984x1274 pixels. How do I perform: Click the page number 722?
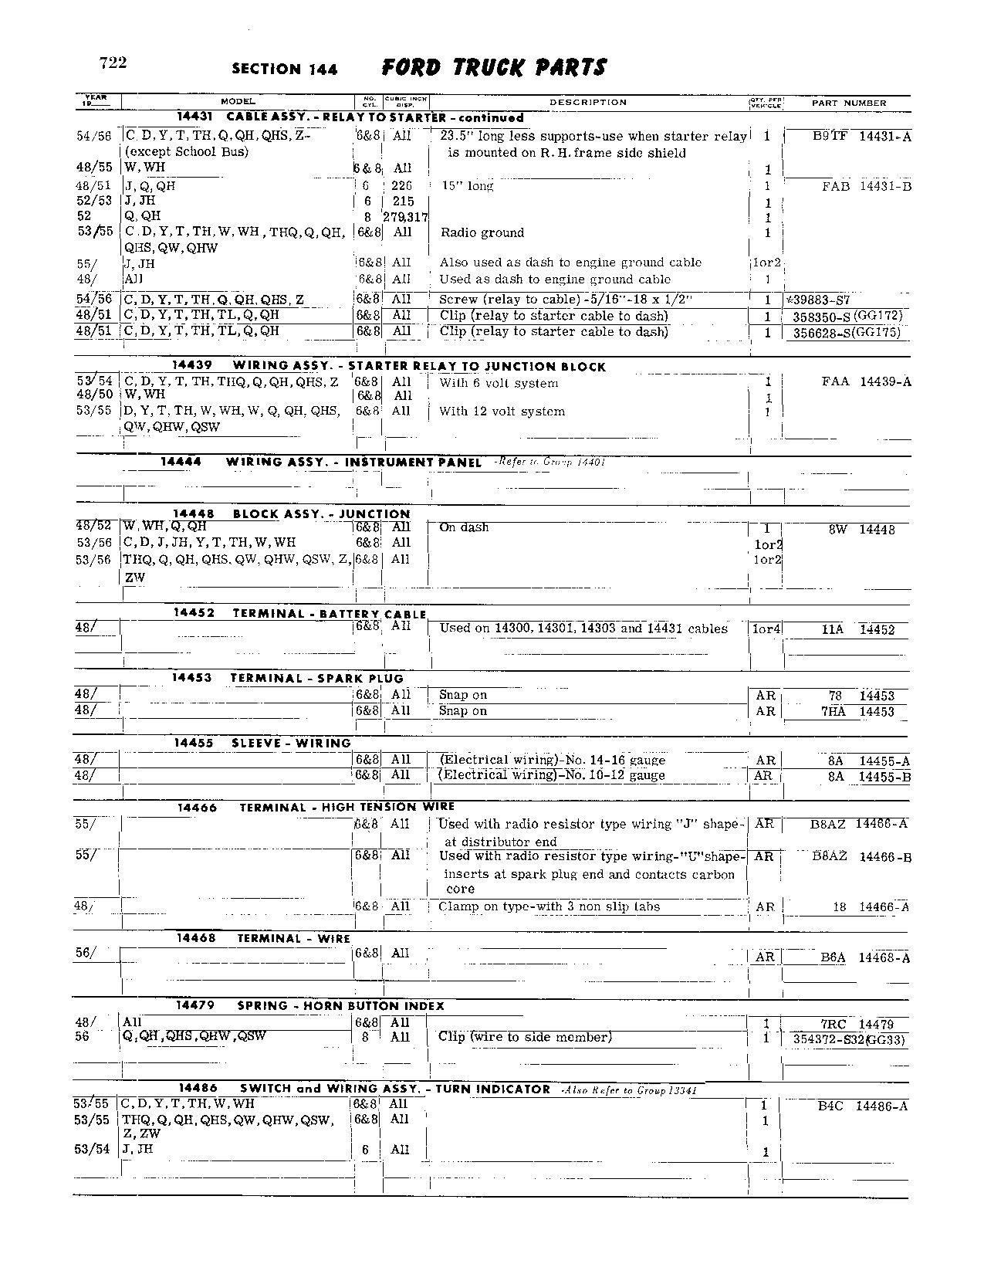click(113, 63)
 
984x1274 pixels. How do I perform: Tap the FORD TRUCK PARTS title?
click(494, 68)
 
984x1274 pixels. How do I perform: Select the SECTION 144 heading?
click(284, 69)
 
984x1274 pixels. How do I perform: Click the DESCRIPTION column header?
click(588, 102)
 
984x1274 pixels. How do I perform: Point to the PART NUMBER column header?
click(849, 103)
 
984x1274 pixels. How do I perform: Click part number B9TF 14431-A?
click(861, 137)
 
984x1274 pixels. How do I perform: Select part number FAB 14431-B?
click(866, 186)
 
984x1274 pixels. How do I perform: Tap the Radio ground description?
click(482, 232)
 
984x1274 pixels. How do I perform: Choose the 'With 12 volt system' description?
click(502, 412)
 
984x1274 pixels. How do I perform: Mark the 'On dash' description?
click(464, 527)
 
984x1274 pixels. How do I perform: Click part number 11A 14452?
click(857, 629)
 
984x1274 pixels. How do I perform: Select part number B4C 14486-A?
click(862, 1106)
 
